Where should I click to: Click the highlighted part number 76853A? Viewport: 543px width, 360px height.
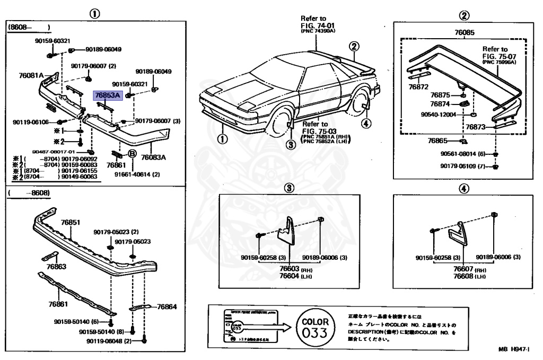[108, 96]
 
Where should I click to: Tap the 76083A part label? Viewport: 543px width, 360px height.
[153, 157]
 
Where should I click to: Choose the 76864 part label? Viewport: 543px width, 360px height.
[167, 306]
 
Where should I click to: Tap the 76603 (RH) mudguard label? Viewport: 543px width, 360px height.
[289, 269]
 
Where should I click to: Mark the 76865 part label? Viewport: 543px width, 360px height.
[438, 141]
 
